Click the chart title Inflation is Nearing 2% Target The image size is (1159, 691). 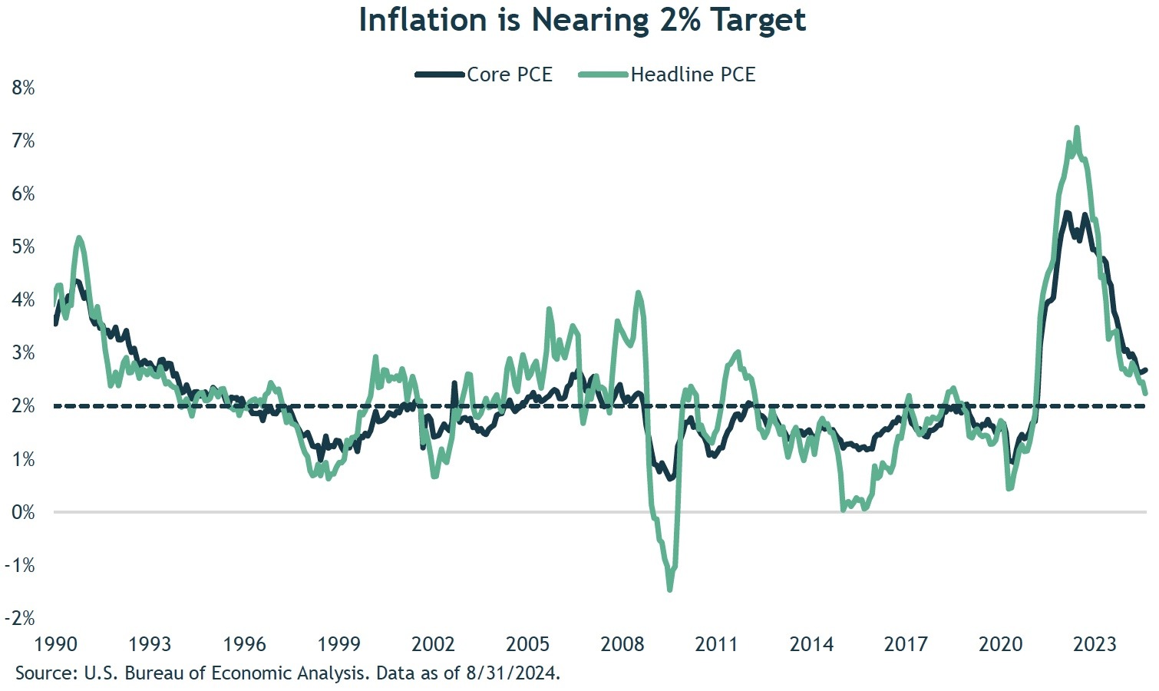coord(582,21)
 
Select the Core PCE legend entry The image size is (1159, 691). coord(484,74)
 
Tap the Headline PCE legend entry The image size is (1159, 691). coord(666,74)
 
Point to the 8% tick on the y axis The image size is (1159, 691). coord(23,88)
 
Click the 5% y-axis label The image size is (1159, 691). coord(23,246)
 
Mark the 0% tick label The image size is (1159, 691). coord(23,512)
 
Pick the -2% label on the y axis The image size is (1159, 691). coord(21,618)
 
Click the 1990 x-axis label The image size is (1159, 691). coord(54,643)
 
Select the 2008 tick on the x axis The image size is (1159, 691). coord(622,643)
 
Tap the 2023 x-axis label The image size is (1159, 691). coord(1095,643)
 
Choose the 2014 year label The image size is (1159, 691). coord(811,643)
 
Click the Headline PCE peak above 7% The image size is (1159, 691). coord(1077,128)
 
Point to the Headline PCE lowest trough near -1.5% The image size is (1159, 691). coord(669,590)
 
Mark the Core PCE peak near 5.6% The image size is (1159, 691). coord(1066,213)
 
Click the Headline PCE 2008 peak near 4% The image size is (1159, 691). coord(638,293)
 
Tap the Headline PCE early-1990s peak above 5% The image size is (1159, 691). coord(79,238)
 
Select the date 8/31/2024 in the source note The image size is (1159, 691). coord(512,674)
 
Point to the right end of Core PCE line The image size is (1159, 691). coord(1145,370)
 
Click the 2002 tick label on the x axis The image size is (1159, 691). coord(433,643)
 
